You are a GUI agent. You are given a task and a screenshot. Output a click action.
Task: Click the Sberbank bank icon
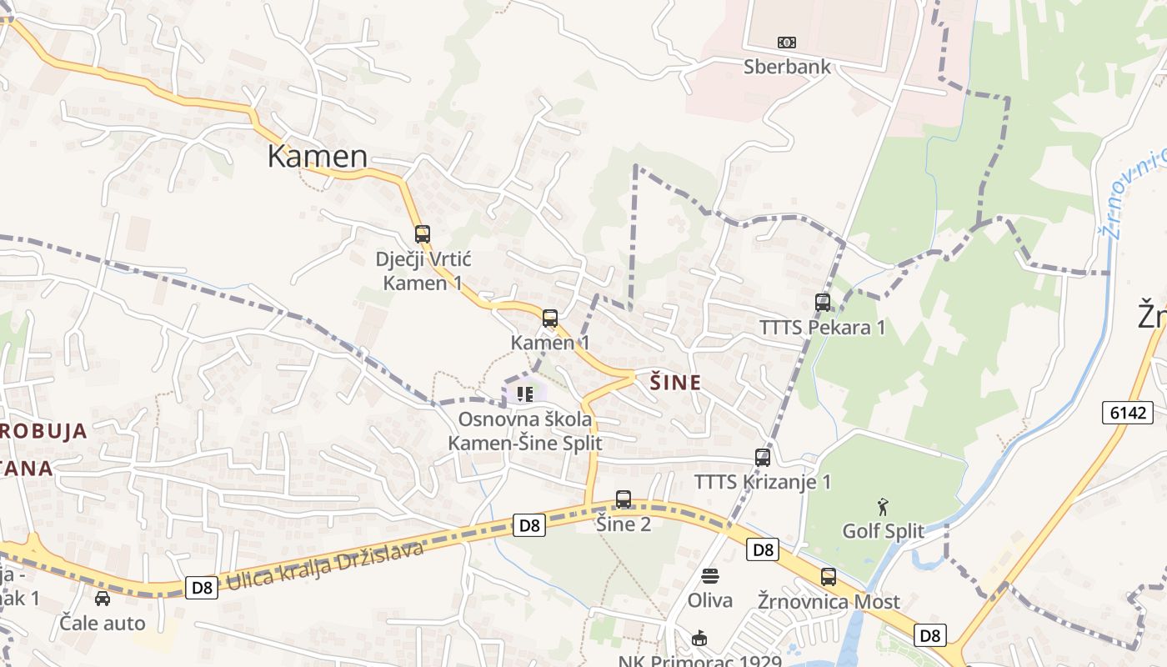coord(786,43)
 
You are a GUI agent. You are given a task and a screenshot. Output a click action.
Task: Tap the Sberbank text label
coord(787,68)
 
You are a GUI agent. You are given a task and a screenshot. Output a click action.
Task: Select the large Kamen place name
coord(317,157)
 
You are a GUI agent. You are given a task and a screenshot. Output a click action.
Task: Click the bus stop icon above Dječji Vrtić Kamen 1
coord(423,234)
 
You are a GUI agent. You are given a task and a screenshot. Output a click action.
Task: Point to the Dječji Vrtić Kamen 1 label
coord(423,271)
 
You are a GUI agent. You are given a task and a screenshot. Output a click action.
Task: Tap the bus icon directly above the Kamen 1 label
coord(549,318)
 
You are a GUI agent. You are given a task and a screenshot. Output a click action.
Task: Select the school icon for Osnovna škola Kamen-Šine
coord(523,394)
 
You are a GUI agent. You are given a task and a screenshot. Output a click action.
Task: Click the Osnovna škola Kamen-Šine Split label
coord(525,431)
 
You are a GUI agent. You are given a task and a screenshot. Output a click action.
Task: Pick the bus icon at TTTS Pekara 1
coord(823,303)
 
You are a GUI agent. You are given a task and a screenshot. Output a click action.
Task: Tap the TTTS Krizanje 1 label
coord(763,482)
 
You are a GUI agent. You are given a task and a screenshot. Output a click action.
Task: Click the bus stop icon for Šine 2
coord(623,499)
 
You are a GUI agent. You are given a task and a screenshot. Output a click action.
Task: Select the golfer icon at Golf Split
coord(883,506)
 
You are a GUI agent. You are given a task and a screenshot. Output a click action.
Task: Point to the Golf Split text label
coord(883,531)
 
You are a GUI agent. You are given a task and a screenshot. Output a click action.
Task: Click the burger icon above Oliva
coord(710,575)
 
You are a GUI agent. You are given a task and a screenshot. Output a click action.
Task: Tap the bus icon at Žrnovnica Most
coord(828,577)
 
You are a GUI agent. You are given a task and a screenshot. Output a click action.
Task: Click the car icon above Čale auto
coord(102,599)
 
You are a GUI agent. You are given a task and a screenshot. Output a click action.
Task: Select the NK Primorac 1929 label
coord(699,661)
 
